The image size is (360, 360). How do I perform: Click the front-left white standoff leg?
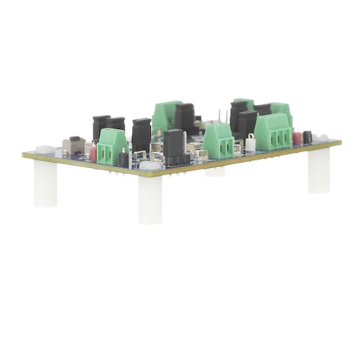point(45,184)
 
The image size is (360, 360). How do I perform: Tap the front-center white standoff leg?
point(150,199)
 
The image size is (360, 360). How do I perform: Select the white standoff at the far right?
point(319,170)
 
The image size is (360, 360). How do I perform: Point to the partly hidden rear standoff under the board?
point(215,171)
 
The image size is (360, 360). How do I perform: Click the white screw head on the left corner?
point(43,150)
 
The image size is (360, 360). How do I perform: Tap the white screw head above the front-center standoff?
point(149,165)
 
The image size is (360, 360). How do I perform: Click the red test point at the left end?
point(93,153)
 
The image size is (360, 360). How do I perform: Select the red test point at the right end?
point(297,137)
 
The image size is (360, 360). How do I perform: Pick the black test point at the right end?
point(307,137)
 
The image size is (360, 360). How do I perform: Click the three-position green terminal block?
point(273,132)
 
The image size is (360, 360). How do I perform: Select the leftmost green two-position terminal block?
point(112,145)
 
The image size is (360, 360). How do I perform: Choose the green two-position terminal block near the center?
point(217,141)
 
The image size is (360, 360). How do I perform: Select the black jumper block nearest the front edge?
point(174,147)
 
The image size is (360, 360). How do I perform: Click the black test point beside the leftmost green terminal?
point(124,158)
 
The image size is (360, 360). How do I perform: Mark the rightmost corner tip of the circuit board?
point(341,141)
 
